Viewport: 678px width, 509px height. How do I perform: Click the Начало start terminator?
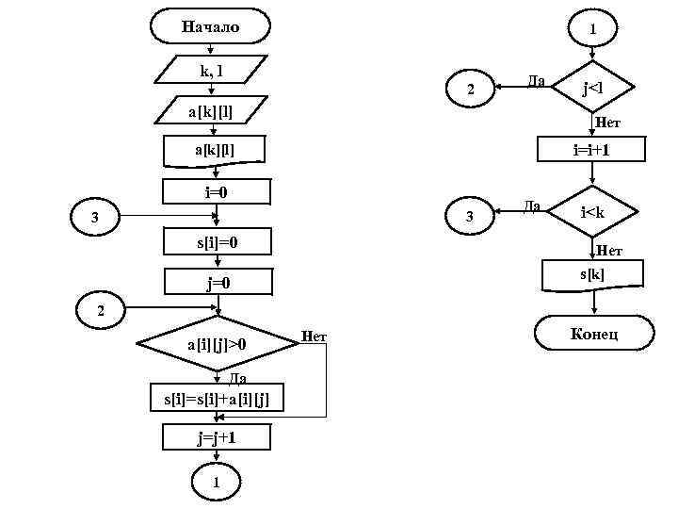click(211, 26)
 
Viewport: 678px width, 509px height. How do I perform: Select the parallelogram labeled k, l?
click(211, 70)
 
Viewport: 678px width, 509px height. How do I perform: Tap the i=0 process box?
click(217, 192)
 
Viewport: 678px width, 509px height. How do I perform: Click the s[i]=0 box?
click(217, 242)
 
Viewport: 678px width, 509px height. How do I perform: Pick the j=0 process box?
click(217, 282)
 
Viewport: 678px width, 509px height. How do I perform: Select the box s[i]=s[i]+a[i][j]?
click(217, 398)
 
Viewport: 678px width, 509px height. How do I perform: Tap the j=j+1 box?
click(217, 438)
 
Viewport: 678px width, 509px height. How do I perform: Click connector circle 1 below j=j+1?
click(217, 482)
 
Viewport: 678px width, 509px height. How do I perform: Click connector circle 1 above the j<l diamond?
click(592, 29)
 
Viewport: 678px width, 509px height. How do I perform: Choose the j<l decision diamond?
click(592, 90)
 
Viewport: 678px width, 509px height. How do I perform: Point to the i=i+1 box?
click(592, 149)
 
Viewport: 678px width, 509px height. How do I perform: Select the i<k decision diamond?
click(592, 213)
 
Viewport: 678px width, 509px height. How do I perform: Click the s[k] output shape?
click(592, 274)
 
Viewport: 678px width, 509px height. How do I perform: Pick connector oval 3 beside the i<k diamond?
click(471, 219)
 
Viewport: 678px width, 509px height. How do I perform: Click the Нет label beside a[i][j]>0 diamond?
click(314, 337)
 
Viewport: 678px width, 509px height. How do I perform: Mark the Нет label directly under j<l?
click(607, 123)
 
